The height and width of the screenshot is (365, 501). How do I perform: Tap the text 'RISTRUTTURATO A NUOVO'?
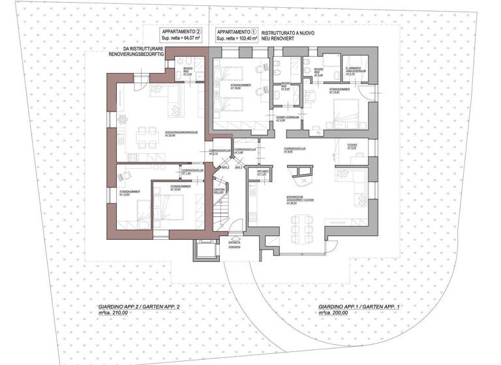pyautogui.click(x=288, y=33)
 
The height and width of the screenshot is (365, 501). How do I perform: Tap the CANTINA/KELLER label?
pyautogui.click(x=219, y=191)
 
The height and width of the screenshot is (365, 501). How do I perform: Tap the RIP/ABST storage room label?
pyautogui.click(x=262, y=174)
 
